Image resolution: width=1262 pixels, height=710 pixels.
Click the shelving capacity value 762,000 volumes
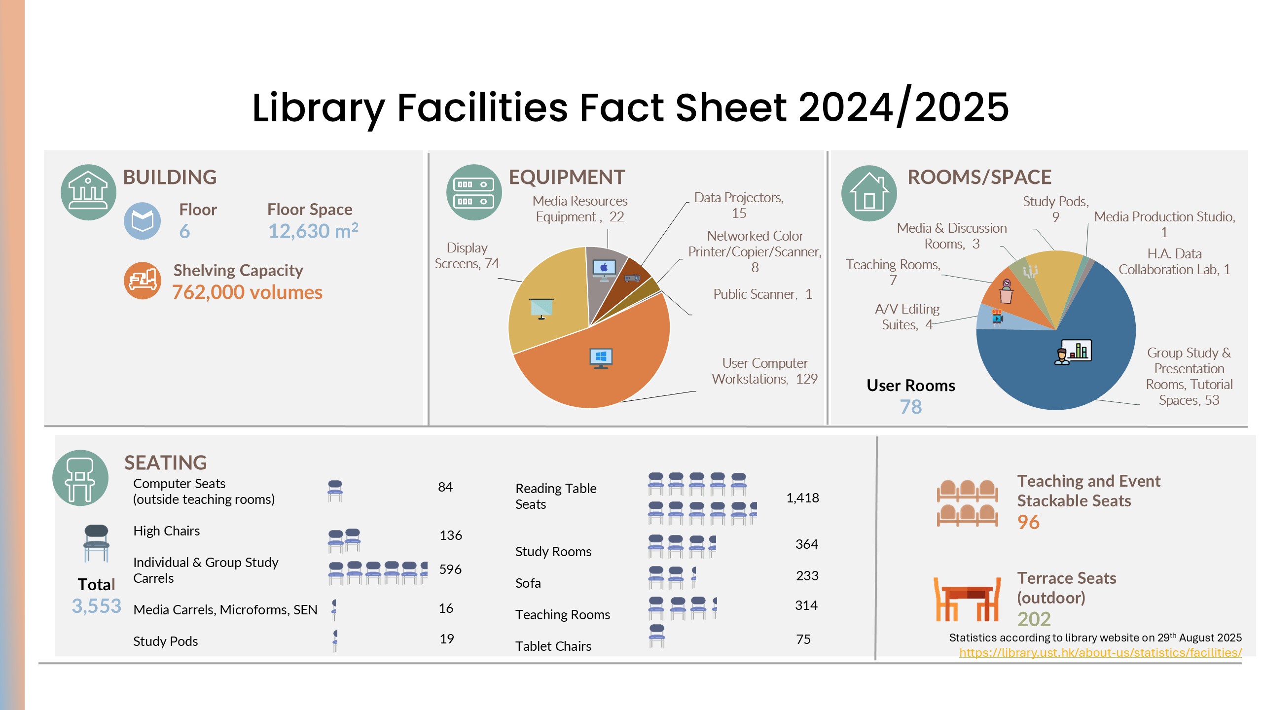[x=247, y=292]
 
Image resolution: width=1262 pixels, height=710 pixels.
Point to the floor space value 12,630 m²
[x=313, y=231]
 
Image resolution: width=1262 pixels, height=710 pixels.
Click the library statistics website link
[x=1100, y=652]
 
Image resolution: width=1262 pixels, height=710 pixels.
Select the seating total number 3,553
[x=96, y=606]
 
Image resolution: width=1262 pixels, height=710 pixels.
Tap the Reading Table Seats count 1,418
[x=802, y=498]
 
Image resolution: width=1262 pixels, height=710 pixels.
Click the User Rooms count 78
[x=910, y=407]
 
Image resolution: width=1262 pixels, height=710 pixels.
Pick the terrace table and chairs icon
[x=967, y=599]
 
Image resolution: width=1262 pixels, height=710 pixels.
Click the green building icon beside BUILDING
[x=88, y=192]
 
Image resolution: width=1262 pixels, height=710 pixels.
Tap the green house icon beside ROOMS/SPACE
[x=869, y=193]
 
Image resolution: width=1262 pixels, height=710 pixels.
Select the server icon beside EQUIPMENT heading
[x=473, y=192]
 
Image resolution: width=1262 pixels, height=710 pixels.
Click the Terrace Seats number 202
[x=1034, y=619]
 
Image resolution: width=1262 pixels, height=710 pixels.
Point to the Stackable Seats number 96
[x=1028, y=522]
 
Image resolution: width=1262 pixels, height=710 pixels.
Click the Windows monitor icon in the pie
[x=601, y=358]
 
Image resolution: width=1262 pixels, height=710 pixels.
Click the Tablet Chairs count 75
[x=803, y=639]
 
